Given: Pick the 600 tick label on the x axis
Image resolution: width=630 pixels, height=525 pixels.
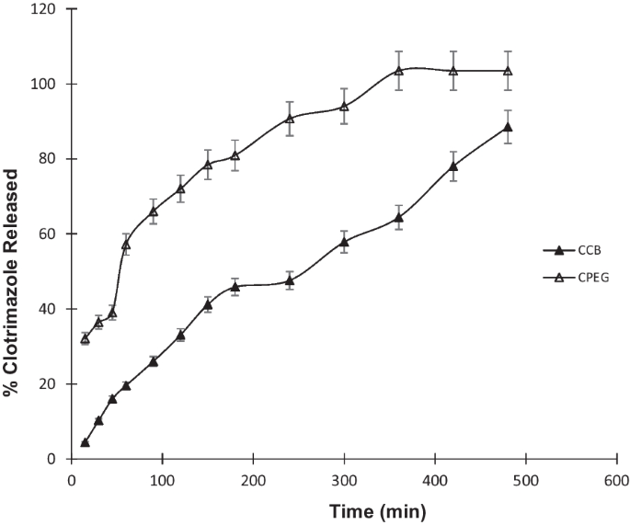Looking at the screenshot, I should tap(616, 479).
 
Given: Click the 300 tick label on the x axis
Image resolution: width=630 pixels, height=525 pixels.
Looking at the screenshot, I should tap(344, 479).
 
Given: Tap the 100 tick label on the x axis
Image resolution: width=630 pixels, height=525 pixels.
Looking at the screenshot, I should tap(163, 479).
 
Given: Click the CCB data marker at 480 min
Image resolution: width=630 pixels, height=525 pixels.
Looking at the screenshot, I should tap(508, 127).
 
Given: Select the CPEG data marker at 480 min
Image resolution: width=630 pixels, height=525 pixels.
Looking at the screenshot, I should tap(508, 71).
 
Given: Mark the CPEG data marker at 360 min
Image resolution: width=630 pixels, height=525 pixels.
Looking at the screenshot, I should tap(398, 71).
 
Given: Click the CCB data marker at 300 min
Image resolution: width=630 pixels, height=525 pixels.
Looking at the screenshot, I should tap(344, 242).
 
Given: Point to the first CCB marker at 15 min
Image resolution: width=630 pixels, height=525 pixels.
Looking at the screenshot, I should tap(85, 442).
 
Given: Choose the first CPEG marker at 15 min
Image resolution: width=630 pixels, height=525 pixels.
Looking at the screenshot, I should tap(85, 338).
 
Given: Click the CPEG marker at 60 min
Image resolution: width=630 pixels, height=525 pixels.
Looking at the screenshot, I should tap(126, 245).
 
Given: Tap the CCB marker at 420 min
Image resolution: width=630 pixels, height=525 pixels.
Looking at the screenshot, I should tap(453, 166).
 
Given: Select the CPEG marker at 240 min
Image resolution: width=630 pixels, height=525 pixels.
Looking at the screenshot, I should tap(290, 118).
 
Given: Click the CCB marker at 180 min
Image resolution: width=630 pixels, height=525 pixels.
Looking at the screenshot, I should tap(235, 287).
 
